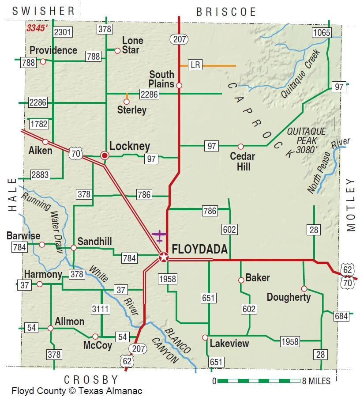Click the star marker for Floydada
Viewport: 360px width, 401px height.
coord(164,257)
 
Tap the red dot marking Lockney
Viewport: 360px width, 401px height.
coord(105,155)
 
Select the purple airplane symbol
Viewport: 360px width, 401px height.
coord(159,235)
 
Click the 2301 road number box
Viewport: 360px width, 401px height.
coord(62,32)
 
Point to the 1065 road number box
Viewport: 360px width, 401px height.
coord(322,32)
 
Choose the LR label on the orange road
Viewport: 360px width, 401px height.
coord(195,65)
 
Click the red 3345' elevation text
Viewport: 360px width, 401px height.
coord(37,28)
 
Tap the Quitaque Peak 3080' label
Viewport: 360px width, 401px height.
coord(306,140)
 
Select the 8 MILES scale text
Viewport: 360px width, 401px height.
coord(316,381)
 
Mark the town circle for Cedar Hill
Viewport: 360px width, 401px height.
coord(240,146)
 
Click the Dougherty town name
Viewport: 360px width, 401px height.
coord(289,297)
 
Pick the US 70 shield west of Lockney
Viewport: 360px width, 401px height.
coord(76,154)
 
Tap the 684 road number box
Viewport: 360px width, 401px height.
coord(341,316)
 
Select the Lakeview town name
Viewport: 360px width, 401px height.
coord(229,343)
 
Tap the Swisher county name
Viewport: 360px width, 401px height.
coord(44,11)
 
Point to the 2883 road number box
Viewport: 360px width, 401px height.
coord(40,175)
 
